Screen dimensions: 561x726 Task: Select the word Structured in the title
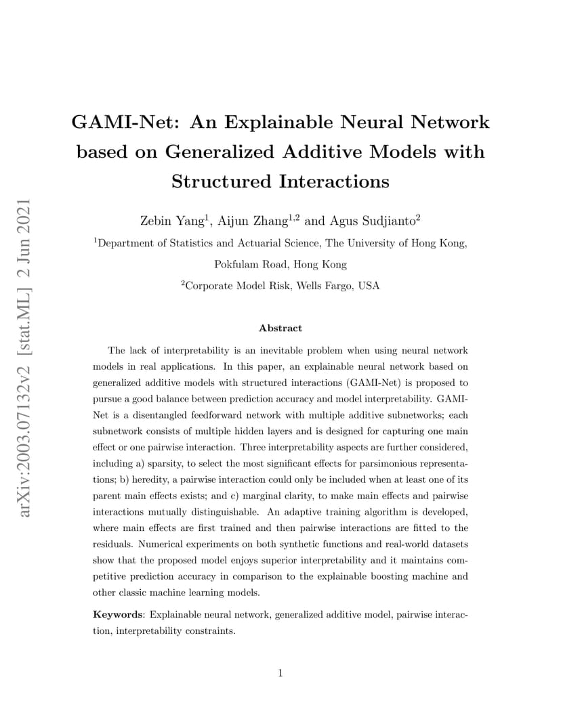pos(221,181)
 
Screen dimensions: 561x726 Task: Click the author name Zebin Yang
pos(172,221)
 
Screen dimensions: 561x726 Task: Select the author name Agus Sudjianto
pos(373,221)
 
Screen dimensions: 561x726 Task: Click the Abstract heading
pos(280,328)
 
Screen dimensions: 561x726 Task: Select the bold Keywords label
pos(119,615)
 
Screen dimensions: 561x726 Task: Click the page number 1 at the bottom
pos(280,673)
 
